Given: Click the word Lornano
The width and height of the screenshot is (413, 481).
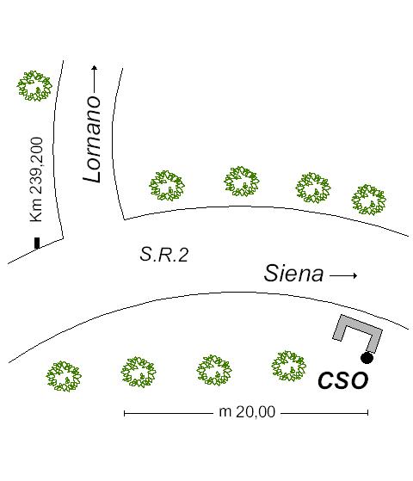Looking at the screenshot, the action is click(x=92, y=139).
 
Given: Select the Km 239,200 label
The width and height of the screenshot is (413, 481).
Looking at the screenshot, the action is click(x=36, y=179).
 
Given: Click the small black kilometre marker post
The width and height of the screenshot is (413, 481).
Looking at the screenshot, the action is click(x=37, y=243).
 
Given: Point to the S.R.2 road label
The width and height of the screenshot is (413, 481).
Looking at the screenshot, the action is click(x=163, y=255).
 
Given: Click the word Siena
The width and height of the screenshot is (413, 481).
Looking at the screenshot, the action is click(x=293, y=274).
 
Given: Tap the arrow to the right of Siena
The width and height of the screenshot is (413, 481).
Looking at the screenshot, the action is click(x=343, y=275).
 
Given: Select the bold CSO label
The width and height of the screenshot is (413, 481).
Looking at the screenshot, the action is click(x=342, y=380).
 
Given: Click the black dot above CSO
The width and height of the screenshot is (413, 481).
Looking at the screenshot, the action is click(x=367, y=358).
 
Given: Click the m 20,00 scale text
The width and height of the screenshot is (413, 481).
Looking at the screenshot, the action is click(x=247, y=412).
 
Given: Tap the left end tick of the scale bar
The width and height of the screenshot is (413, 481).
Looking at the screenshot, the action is click(x=124, y=414).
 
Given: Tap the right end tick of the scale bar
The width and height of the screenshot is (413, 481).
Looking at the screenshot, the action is click(x=368, y=413).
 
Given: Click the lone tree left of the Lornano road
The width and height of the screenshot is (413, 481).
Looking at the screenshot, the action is click(x=34, y=86).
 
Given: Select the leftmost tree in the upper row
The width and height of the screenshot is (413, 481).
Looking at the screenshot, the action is click(x=167, y=186).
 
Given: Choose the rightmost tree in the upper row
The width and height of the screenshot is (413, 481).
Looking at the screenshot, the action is click(x=368, y=200).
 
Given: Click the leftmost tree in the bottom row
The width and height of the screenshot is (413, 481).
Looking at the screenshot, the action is click(x=64, y=376).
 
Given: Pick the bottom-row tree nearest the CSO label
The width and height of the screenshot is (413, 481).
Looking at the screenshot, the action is click(x=289, y=367).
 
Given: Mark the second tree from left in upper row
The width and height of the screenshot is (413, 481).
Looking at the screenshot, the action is click(x=242, y=182).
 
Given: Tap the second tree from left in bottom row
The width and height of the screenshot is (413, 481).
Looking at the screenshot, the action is click(x=139, y=372).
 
